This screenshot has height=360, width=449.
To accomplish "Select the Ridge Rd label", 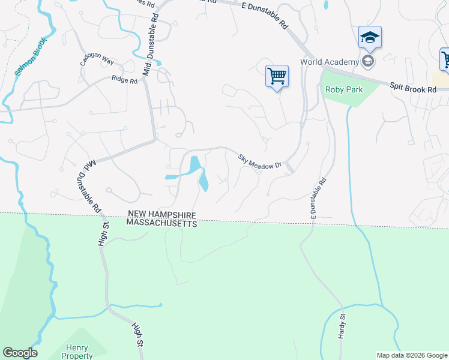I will pos(124,79).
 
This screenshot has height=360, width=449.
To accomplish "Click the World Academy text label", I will pos(330,62).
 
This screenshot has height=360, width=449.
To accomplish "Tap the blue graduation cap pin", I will pos(370,38).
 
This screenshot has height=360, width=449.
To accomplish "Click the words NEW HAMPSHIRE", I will pos(161,214).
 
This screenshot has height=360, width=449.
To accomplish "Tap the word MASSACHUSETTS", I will pos(161,223).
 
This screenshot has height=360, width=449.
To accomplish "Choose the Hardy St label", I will pos(342,326).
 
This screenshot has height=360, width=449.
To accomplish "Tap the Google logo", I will pos(20,353).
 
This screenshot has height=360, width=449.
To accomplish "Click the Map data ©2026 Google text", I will pos(412,355).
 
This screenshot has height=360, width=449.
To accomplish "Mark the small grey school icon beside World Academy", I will pos(367,61).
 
